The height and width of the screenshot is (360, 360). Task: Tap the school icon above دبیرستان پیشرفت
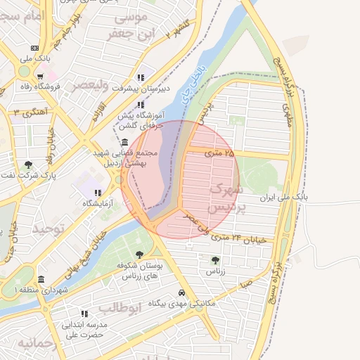coord(141,77)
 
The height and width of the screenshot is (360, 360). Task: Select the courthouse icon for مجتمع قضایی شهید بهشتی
coord(124,142)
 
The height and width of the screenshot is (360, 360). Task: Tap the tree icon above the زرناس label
coord(215,260)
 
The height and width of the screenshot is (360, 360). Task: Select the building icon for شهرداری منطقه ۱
coord(41,279)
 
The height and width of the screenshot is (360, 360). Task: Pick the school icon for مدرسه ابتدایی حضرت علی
coord(84,314)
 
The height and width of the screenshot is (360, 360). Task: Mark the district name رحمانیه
coord(35,343)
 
